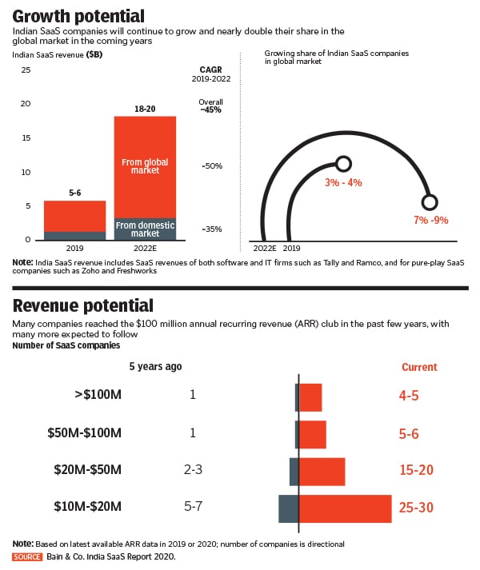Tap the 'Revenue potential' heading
point(83,305)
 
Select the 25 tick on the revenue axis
point(26,70)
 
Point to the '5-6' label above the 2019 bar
point(74,192)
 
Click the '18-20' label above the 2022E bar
point(145,108)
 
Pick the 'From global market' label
point(145,166)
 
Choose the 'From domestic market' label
point(145,229)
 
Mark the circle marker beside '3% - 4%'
point(343,164)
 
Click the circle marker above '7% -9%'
point(430,201)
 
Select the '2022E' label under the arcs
point(265,249)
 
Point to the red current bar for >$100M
point(310,397)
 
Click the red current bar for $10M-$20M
point(345,508)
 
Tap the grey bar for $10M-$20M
point(288,508)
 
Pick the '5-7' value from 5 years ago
point(193,506)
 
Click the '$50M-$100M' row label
point(84,433)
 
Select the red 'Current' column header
point(418,367)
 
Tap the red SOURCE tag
point(28,556)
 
